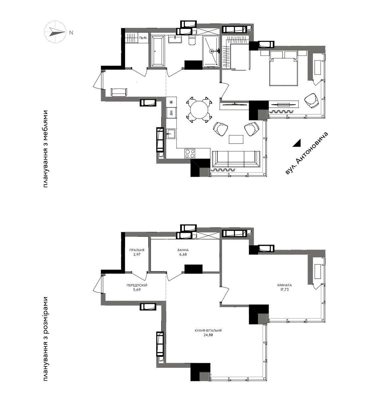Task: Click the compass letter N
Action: [x=71, y=33]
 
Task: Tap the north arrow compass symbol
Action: [x=55, y=32]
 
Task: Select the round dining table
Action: [x=199, y=109]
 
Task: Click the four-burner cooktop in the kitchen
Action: [x=190, y=154]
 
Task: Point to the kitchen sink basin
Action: [x=171, y=134]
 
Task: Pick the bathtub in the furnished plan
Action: [x=157, y=52]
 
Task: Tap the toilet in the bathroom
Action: [x=192, y=41]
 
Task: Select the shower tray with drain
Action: [x=211, y=51]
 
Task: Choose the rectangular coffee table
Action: [x=236, y=139]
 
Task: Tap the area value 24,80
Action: [x=208, y=335]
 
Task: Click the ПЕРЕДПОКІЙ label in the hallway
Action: [x=137, y=285]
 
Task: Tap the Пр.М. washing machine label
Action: [x=143, y=38]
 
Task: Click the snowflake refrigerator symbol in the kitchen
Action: [x=171, y=102]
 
